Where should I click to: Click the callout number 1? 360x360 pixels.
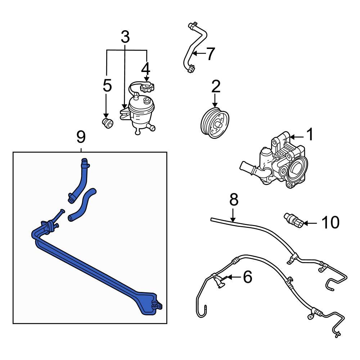[309, 135]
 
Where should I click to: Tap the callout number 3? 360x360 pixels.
[125, 37]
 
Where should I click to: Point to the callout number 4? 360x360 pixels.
[145, 68]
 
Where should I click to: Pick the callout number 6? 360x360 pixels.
[247, 277]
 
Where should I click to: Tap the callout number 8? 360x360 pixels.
[234, 200]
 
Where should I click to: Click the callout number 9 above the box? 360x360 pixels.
[81, 137]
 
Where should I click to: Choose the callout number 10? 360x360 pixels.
[330, 223]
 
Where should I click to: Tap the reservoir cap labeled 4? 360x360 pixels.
[147, 87]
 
